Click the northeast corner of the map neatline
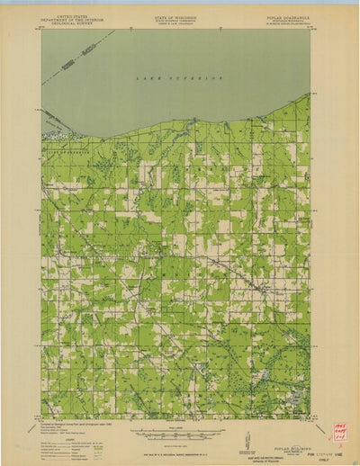click(x=310, y=30)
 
